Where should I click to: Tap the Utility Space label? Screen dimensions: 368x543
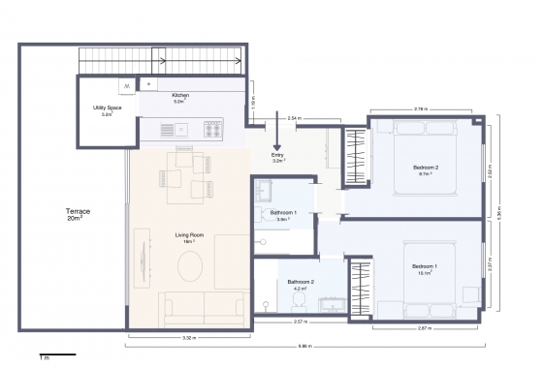coord(106,109)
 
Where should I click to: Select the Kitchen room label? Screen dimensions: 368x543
coord(180,98)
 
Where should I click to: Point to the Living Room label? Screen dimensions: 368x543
coord(189,238)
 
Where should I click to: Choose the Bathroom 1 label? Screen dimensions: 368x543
coord(283,215)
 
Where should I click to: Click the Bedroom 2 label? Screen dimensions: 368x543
coord(426,170)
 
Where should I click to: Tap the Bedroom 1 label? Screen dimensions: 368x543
coord(425,268)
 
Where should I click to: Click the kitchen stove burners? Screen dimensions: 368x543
coord(213,127)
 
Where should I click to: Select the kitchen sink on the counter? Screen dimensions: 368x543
coord(185,127)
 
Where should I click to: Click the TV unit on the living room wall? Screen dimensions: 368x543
coord(143,258)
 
